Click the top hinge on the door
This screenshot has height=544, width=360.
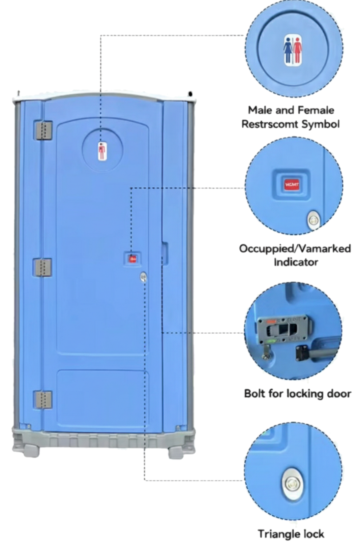coord(43,130)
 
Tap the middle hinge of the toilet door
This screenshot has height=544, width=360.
coord(43,267)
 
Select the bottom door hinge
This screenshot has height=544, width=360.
coord(43,400)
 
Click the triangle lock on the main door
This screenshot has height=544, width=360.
coord(143,277)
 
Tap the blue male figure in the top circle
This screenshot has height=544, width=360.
coord(288,50)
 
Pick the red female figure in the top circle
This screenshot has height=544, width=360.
coord(297,50)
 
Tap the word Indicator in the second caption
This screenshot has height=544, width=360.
coord(296,262)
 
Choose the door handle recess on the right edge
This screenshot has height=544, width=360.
coord(165,253)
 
